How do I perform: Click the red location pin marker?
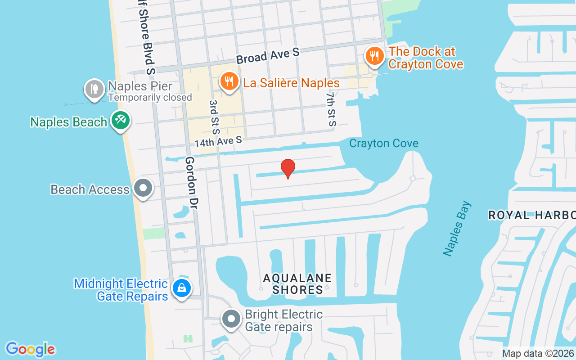pyautogui.click(x=288, y=168)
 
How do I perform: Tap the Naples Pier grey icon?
pyautogui.click(x=94, y=89)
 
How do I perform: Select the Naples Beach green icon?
pyautogui.click(x=120, y=121)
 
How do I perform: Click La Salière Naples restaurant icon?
pyautogui.click(x=229, y=81)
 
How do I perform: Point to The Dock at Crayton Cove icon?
pyautogui.click(x=374, y=57)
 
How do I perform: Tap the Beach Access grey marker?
pyautogui.click(x=143, y=188)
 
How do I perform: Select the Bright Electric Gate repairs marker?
pyautogui.click(x=232, y=319)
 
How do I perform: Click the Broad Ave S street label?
pyautogui.click(x=268, y=56)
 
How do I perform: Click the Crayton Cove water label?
pyautogui.click(x=384, y=144)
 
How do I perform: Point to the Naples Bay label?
pyautogui.click(x=457, y=229)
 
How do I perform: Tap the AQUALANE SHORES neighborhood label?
pyautogui.click(x=297, y=284)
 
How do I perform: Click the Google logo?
pyautogui.click(x=31, y=349)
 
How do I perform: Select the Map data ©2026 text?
pyautogui.click(x=538, y=353)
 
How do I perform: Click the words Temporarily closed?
pyautogui.click(x=150, y=98)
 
